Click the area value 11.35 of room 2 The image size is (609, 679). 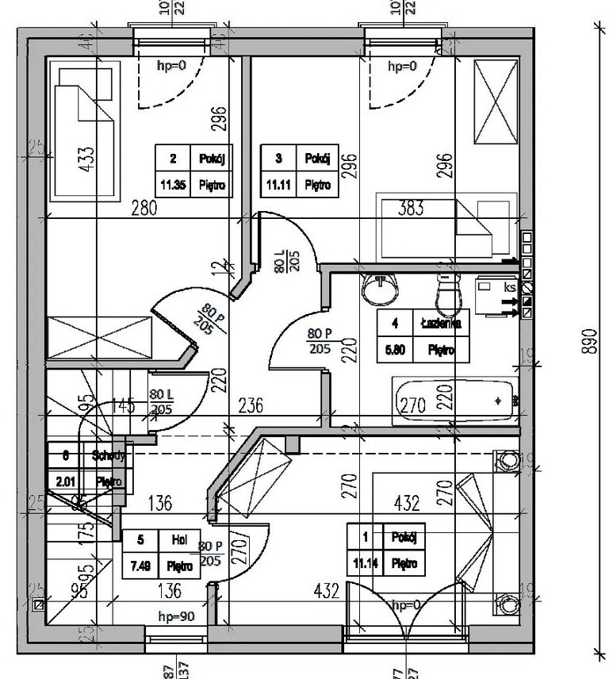tap(173, 186)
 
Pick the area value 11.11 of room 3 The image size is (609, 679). tap(278, 186)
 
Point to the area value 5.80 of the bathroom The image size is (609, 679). tap(393, 347)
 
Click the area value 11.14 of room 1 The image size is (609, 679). tap(366, 564)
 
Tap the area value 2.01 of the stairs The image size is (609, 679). tap(65, 481)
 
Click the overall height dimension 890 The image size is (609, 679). tap(588, 341)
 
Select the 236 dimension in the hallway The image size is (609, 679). tap(251, 405)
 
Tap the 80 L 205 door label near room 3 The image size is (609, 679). tap(283, 261)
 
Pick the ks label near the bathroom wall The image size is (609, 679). tap(509, 288)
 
